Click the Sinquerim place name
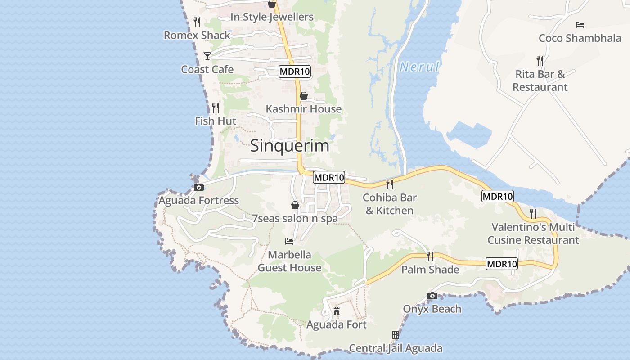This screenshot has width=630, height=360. point(290,145)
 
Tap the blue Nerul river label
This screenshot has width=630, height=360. point(419,67)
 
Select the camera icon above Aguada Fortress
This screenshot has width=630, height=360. point(198,187)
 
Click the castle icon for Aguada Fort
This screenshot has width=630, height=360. point(337,311)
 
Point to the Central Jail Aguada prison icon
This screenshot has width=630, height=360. point(396,335)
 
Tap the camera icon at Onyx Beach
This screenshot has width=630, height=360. point(432,296)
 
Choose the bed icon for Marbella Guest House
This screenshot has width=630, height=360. point(289,242)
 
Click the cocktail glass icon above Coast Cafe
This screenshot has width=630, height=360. point(207,56)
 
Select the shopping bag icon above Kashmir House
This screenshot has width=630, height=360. point(304,96)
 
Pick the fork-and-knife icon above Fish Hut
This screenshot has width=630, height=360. point(216,108)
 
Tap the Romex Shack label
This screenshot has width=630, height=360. point(197,35)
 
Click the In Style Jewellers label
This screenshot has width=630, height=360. point(272,17)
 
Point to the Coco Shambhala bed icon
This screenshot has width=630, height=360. point(580,25)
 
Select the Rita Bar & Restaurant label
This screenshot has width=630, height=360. point(540,81)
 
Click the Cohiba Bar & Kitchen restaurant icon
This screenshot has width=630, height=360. point(390,184)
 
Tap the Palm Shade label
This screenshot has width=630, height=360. point(430,270)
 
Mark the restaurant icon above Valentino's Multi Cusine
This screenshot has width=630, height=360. point(533,213)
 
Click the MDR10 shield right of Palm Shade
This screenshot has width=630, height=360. point(502,264)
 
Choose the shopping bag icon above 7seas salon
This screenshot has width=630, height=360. point(295,205)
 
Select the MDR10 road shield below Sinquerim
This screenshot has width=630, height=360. point(329,177)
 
